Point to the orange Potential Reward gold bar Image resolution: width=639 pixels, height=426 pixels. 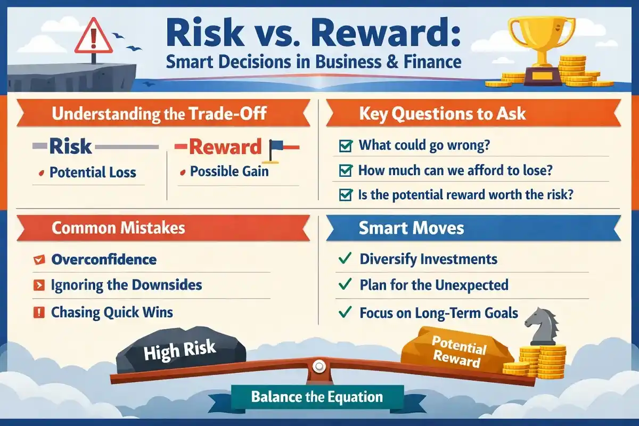[x=458, y=351]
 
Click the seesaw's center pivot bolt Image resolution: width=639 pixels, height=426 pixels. [x=319, y=366]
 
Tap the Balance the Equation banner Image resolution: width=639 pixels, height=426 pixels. [x=317, y=397]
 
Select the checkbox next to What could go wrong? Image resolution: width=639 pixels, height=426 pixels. [x=345, y=145]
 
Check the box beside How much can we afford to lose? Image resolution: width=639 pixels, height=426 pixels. [x=345, y=170]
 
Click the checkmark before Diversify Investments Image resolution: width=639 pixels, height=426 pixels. [x=345, y=259]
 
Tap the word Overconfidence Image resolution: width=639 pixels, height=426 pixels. [x=104, y=259]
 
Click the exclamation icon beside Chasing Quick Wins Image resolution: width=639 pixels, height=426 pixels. [x=38, y=312]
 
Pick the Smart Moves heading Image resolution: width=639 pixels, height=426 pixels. [x=411, y=228]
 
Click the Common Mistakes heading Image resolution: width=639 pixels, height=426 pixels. [x=118, y=228]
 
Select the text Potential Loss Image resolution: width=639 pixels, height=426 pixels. [x=93, y=173]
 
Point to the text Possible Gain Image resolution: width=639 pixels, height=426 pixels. [x=229, y=171]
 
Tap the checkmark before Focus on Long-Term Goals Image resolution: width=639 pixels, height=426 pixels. [x=345, y=313]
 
